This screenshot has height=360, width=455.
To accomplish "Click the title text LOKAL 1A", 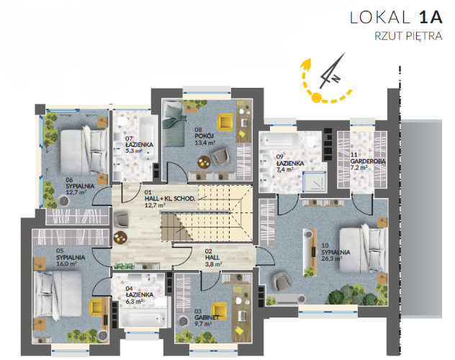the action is [x=396, y=17].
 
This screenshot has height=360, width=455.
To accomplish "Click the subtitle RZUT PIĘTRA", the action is [x=408, y=36].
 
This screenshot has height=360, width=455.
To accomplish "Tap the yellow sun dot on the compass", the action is [x=317, y=97].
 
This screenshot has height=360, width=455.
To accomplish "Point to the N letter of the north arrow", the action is [x=335, y=78].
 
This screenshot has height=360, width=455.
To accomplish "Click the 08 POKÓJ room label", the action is [x=204, y=133].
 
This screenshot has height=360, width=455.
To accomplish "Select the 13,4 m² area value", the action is [x=205, y=143].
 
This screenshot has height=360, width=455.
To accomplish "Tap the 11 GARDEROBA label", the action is [x=368, y=158].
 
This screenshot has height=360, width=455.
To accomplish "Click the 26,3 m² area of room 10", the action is [x=332, y=258].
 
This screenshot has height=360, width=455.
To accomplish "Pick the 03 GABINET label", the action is [x=207, y=315].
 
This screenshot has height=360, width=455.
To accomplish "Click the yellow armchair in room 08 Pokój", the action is [x=225, y=122].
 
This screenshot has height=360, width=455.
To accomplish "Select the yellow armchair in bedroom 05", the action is [x=96, y=307].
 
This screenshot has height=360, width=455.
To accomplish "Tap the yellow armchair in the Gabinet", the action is [x=219, y=311].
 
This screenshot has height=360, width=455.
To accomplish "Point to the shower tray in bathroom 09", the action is [x=315, y=181].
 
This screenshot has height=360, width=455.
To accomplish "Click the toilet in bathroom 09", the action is [x=311, y=140].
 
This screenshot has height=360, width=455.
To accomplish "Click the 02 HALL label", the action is [x=212, y=254].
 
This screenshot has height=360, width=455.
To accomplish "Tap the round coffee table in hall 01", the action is [x=120, y=238].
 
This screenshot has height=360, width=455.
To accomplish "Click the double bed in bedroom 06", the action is [x=84, y=151].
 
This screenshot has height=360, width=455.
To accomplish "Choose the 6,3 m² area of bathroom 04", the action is [x=134, y=302].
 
